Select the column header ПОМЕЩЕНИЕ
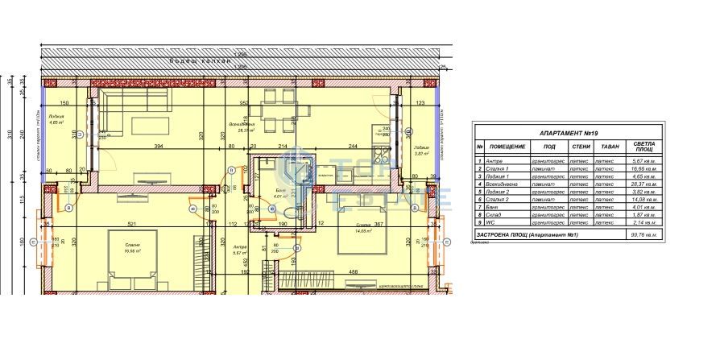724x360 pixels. pyautogui.click(x=507, y=147)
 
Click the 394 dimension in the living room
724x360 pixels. pyautogui.click(x=158, y=146)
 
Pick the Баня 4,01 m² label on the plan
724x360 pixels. pyautogui.click(x=279, y=193)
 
